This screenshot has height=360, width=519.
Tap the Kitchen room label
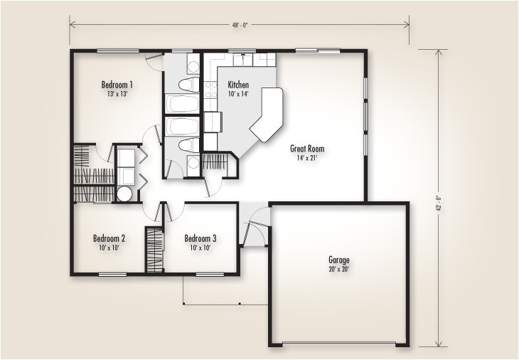pos(237,84)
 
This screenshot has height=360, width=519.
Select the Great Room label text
pos(307,149)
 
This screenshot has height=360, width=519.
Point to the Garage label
pos(338,260)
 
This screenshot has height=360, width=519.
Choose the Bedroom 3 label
pos(200,238)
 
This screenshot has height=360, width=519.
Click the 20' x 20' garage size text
pos(338,270)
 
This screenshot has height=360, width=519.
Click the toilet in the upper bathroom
pos(187,85)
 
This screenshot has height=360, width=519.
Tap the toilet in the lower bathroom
pos(187,146)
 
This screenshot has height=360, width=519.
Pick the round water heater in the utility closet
pos(124,194)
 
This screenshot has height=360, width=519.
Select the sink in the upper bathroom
pos(193,67)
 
